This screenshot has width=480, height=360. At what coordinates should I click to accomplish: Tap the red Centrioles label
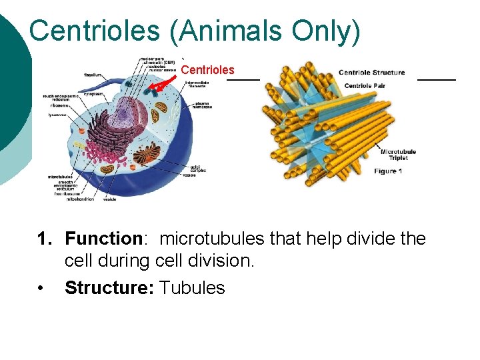point(207,70)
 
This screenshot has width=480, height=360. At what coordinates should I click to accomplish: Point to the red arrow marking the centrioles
point(163,83)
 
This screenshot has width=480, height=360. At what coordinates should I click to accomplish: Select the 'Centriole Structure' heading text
point(371,73)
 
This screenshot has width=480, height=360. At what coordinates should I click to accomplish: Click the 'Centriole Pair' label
point(368,85)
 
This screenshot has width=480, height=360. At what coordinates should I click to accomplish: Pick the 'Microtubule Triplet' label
point(398,155)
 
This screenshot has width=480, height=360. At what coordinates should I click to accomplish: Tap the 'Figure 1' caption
point(388,171)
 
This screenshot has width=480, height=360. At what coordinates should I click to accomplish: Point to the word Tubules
point(193,287)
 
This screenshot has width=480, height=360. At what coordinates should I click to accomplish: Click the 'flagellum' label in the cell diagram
point(93,75)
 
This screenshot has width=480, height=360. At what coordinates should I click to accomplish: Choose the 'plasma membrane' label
point(203,105)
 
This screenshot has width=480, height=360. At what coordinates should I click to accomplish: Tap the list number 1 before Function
point(42,239)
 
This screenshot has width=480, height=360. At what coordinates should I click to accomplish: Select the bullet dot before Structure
point(41,288)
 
